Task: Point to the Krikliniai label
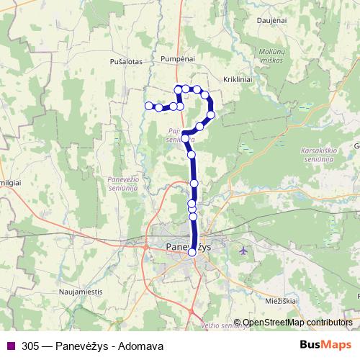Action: click(239, 81)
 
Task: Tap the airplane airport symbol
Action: click(244, 251)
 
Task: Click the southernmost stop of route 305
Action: click(192, 252)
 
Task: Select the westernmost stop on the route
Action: click(149, 106)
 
